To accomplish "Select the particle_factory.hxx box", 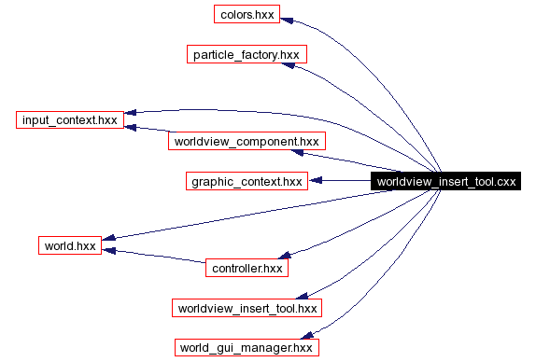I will [x=247, y=55].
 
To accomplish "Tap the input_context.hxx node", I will [x=70, y=120].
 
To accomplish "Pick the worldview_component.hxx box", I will [x=245, y=142].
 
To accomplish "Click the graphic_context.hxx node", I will [x=247, y=181].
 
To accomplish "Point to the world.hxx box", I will [x=70, y=246].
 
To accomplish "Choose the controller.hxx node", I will [x=247, y=268].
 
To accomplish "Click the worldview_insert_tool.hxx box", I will [x=247, y=308].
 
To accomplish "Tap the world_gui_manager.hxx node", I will [x=247, y=347].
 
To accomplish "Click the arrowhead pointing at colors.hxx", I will [x=288, y=18].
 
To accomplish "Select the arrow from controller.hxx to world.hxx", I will [x=154, y=258].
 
